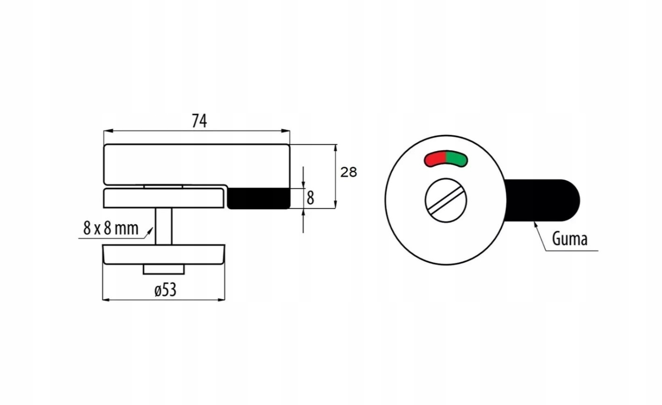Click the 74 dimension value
(x=199, y=121)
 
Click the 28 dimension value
(x=348, y=172)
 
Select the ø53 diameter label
(x=165, y=290)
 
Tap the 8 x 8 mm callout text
(x=111, y=228)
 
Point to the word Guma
(x=569, y=239)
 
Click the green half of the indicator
(x=457, y=159)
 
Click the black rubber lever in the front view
(x=542, y=200)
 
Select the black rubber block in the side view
(x=259, y=198)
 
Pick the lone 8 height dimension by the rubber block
(x=310, y=198)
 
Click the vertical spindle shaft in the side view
(x=164, y=226)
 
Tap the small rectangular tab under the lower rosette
(x=164, y=270)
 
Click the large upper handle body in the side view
(x=196, y=163)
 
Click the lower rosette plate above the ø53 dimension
(x=164, y=255)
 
